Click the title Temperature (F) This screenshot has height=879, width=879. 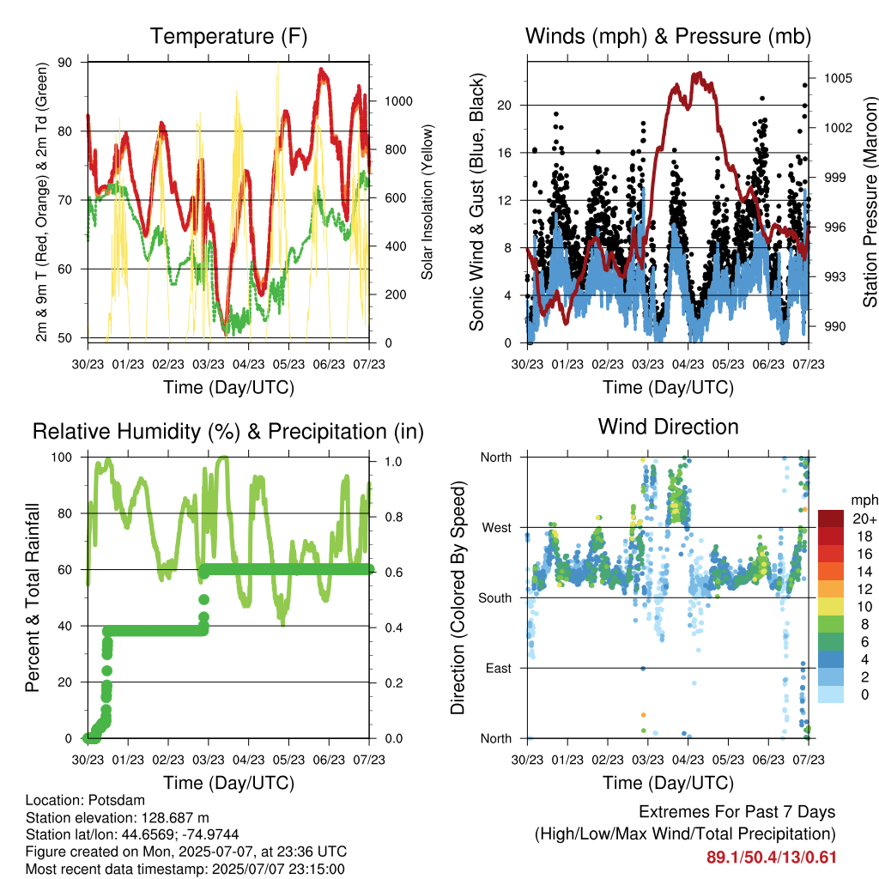228,36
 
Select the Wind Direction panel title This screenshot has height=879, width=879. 668,427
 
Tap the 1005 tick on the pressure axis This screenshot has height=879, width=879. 838,78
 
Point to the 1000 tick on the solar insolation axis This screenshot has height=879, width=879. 398,101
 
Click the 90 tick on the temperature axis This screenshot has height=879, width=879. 65,62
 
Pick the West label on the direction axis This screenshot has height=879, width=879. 497,528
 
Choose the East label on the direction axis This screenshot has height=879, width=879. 499,668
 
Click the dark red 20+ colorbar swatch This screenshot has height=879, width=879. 831,518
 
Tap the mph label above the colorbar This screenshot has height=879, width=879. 864,500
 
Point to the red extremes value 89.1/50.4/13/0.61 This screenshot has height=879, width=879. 772,858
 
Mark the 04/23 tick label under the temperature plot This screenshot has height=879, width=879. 248,364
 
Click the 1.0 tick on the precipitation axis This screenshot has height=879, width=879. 393,461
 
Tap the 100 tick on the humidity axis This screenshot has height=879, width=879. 62,458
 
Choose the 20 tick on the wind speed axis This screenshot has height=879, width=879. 504,106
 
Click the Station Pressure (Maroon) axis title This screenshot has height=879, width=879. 870,202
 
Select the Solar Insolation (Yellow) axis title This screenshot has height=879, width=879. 427,202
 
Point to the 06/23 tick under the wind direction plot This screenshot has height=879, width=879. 768,760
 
